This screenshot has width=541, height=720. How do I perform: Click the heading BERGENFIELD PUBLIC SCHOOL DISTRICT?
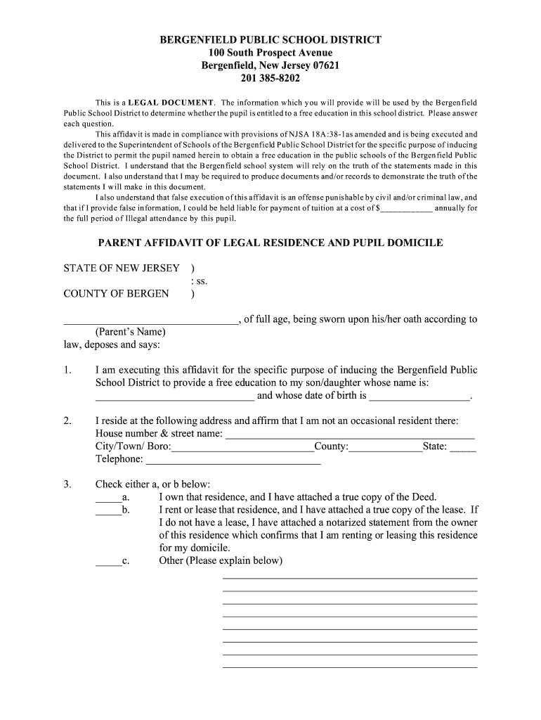click(x=270, y=40)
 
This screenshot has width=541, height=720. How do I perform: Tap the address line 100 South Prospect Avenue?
click(x=270, y=53)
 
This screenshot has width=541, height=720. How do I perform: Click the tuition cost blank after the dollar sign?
click(x=406, y=209)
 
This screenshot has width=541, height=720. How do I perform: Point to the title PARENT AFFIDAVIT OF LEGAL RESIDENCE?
click(x=270, y=243)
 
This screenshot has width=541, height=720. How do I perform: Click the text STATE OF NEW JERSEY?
click(x=122, y=269)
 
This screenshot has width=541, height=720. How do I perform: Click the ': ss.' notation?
click(x=200, y=281)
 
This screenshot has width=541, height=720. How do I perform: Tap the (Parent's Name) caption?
click(x=130, y=332)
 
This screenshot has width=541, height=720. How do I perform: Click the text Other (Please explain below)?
click(x=221, y=561)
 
